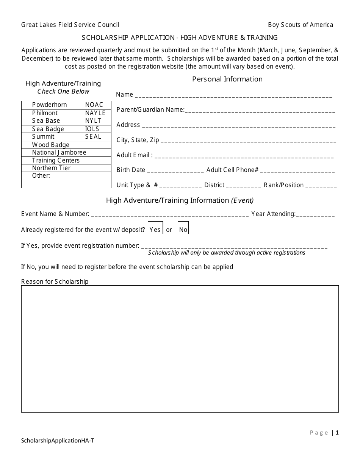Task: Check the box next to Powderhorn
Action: click(25, 105)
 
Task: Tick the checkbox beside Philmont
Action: click(25, 113)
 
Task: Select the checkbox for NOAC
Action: click(78, 105)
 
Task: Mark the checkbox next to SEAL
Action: click(78, 137)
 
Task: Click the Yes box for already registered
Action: click(155, 230)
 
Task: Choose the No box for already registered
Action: click(183, 230)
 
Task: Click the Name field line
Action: click(233, 96)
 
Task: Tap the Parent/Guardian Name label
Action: click(150, 110)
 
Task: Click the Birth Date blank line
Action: click(175, 171)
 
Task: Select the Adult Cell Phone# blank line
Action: click(297, 171)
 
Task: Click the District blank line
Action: click(243, 186)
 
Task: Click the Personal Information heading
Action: click(227, 79)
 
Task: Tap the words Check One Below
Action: click(63, 91)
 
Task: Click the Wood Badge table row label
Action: click(51, 145)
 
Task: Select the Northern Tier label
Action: click(51, 168)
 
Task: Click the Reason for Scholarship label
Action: click(55, 281)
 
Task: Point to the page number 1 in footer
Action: click(337, 433)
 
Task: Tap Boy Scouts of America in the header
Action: click(301, 25)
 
